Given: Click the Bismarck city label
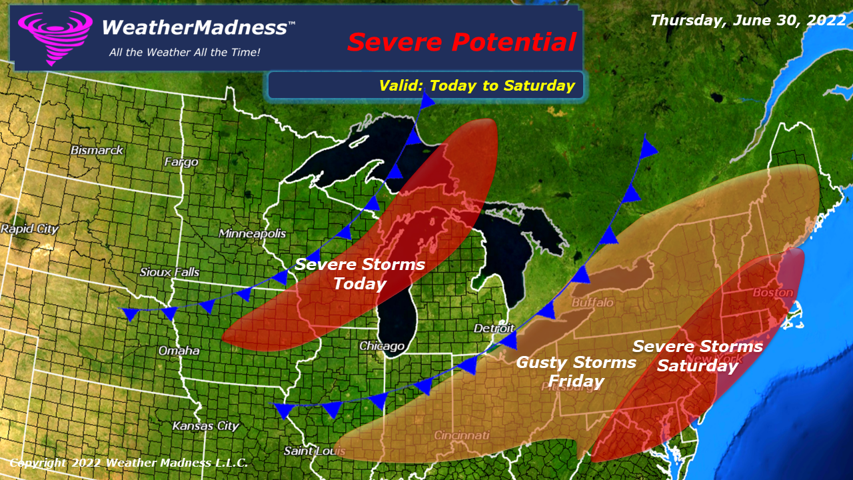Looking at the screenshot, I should [x=97, y=150].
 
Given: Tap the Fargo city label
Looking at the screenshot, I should [x=182, y=162].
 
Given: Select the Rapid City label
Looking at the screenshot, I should [x=29, y=229].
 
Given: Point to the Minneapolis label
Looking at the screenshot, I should [x=253, y=233].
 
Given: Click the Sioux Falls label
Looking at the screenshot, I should [x=170, y=272].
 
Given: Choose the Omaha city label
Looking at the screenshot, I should [x=179, y=351].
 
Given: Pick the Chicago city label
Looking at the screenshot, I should [x=382, y=346].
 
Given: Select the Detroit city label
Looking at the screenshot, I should [x=494, y=329].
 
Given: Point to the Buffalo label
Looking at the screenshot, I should [x=592, y=303].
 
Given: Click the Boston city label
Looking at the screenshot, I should [x=773, y=293].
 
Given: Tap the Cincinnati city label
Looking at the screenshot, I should [x=462, y=435].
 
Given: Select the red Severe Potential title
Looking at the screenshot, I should [x=461, y=42].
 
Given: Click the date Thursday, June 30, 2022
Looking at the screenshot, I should [x=748, y=20].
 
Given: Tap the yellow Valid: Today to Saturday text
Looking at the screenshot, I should [x=476, y=85].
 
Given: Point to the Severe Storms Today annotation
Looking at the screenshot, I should [x=360, y=274].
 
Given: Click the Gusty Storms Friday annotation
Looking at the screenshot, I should [x=576, y=372].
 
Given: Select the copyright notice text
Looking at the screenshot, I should [x=129, y=463].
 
